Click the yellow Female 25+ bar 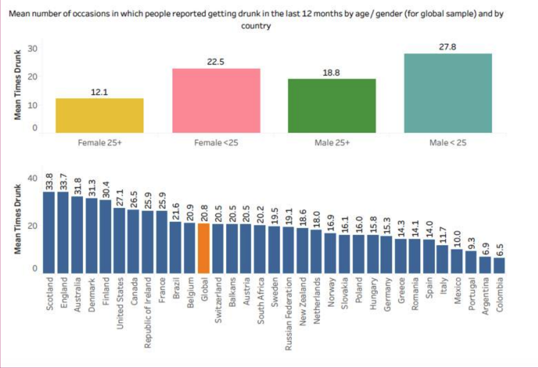[x=99, y=115]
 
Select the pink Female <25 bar [x=216, y=100]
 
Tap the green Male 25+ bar [x=332, y=106]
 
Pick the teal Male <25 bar [x=448, y=93]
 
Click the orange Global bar [x=204, y=248]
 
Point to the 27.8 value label [x=447, y=47]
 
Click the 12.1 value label [x=99, y=92]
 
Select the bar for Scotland [x=49, y=232]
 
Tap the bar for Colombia [x=499, y=265]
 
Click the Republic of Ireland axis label [x=148, y=312]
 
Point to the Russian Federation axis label [x=288, y=314]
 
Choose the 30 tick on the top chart [x=32, y=49]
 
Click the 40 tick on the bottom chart [x=32, y=178]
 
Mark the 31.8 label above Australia [x=78, y=186]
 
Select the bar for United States [x=119, y=240]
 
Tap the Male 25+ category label [x=332, y=143]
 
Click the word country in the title [x=256, y=26]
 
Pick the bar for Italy [x=443, y=259]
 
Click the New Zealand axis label [x=303, y=301]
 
